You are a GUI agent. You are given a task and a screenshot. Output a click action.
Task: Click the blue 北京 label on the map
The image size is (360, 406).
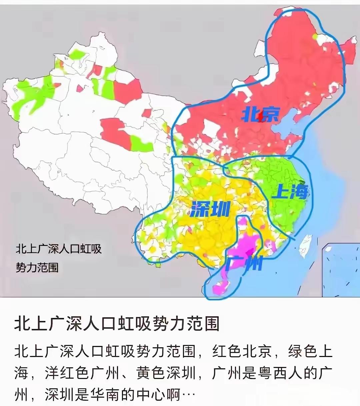(x=260, y=115)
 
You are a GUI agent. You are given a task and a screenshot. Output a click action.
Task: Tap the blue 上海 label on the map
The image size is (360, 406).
(x=290, y=192)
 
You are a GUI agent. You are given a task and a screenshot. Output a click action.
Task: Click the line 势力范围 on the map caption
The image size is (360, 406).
(x=37, y=267)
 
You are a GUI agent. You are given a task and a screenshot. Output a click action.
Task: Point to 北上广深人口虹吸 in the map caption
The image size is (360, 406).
(x=59, y=249)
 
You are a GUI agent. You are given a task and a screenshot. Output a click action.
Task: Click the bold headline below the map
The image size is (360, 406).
(x=117, y=323)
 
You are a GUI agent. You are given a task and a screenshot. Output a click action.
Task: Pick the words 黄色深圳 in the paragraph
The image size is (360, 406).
(x=166, y=373)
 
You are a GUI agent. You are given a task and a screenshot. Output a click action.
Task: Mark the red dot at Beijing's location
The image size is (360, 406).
(x=262, y=119)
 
